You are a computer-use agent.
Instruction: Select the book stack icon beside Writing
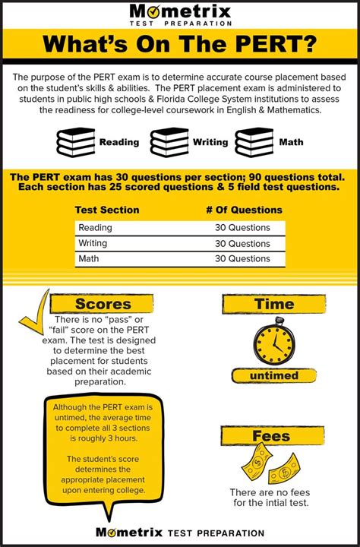coord(169,142)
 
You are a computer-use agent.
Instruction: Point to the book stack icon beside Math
coord(254,142)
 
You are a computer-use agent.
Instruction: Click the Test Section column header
coord(107,210)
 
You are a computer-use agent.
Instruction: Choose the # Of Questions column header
coord(244,210)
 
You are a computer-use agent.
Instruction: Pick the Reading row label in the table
coord(95,227)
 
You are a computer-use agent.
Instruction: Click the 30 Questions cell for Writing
coord(242,243)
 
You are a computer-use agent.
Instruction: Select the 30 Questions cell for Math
coord(242,259)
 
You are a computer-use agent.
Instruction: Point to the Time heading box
coord(273,305)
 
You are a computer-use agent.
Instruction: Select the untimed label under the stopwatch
coord(273,376)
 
